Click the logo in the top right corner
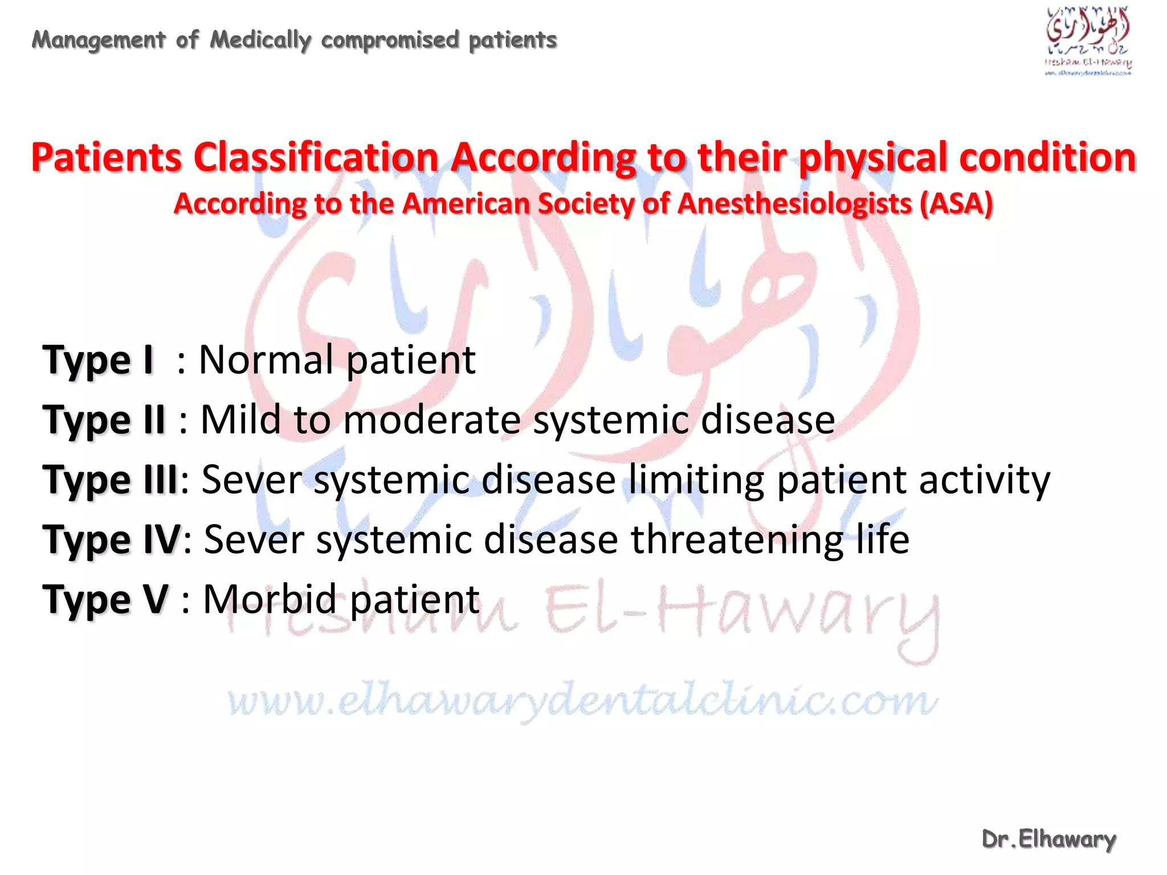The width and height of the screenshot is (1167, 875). point(1088,41)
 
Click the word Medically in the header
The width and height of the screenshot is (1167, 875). point(260,40)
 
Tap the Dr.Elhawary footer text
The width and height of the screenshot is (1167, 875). point(1048,839)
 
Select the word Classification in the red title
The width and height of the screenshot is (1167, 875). point(316,158)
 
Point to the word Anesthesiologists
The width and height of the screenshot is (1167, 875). point(795,203)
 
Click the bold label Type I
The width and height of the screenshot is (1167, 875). point(98,361)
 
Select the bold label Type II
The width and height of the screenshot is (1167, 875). point(104,420)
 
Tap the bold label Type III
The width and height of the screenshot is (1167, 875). point(111,480)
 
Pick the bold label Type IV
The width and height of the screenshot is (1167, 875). point(112,540)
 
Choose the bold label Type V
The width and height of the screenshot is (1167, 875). point(105,600)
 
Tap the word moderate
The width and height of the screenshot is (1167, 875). point(432,420)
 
